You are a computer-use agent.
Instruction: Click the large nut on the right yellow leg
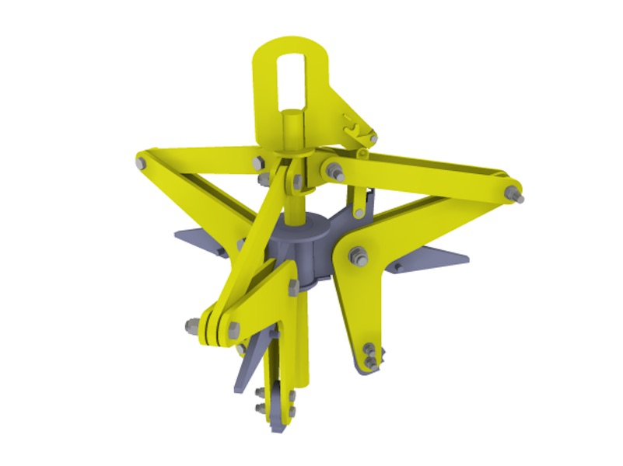[x=359, y=255]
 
